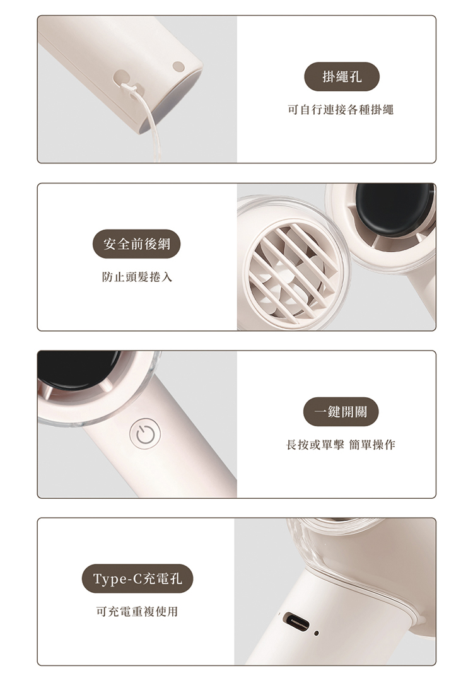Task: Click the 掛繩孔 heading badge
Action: click(341, 77)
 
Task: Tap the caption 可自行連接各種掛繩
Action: click(341, 110)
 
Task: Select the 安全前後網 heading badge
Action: click(136, 244)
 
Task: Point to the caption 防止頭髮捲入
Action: click(137, 277)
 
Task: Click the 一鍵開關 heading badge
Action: click(341, 412)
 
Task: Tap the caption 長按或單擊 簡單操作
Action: click(341, 445)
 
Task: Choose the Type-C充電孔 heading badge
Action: click(137, 578)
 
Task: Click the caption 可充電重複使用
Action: click(137, 611)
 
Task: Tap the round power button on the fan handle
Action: click(145, 434)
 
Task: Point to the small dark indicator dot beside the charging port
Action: click(317, 634)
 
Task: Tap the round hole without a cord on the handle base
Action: click(178, 67)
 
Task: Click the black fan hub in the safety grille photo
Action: click(394, 207)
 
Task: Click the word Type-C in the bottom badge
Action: click(114, 579)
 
